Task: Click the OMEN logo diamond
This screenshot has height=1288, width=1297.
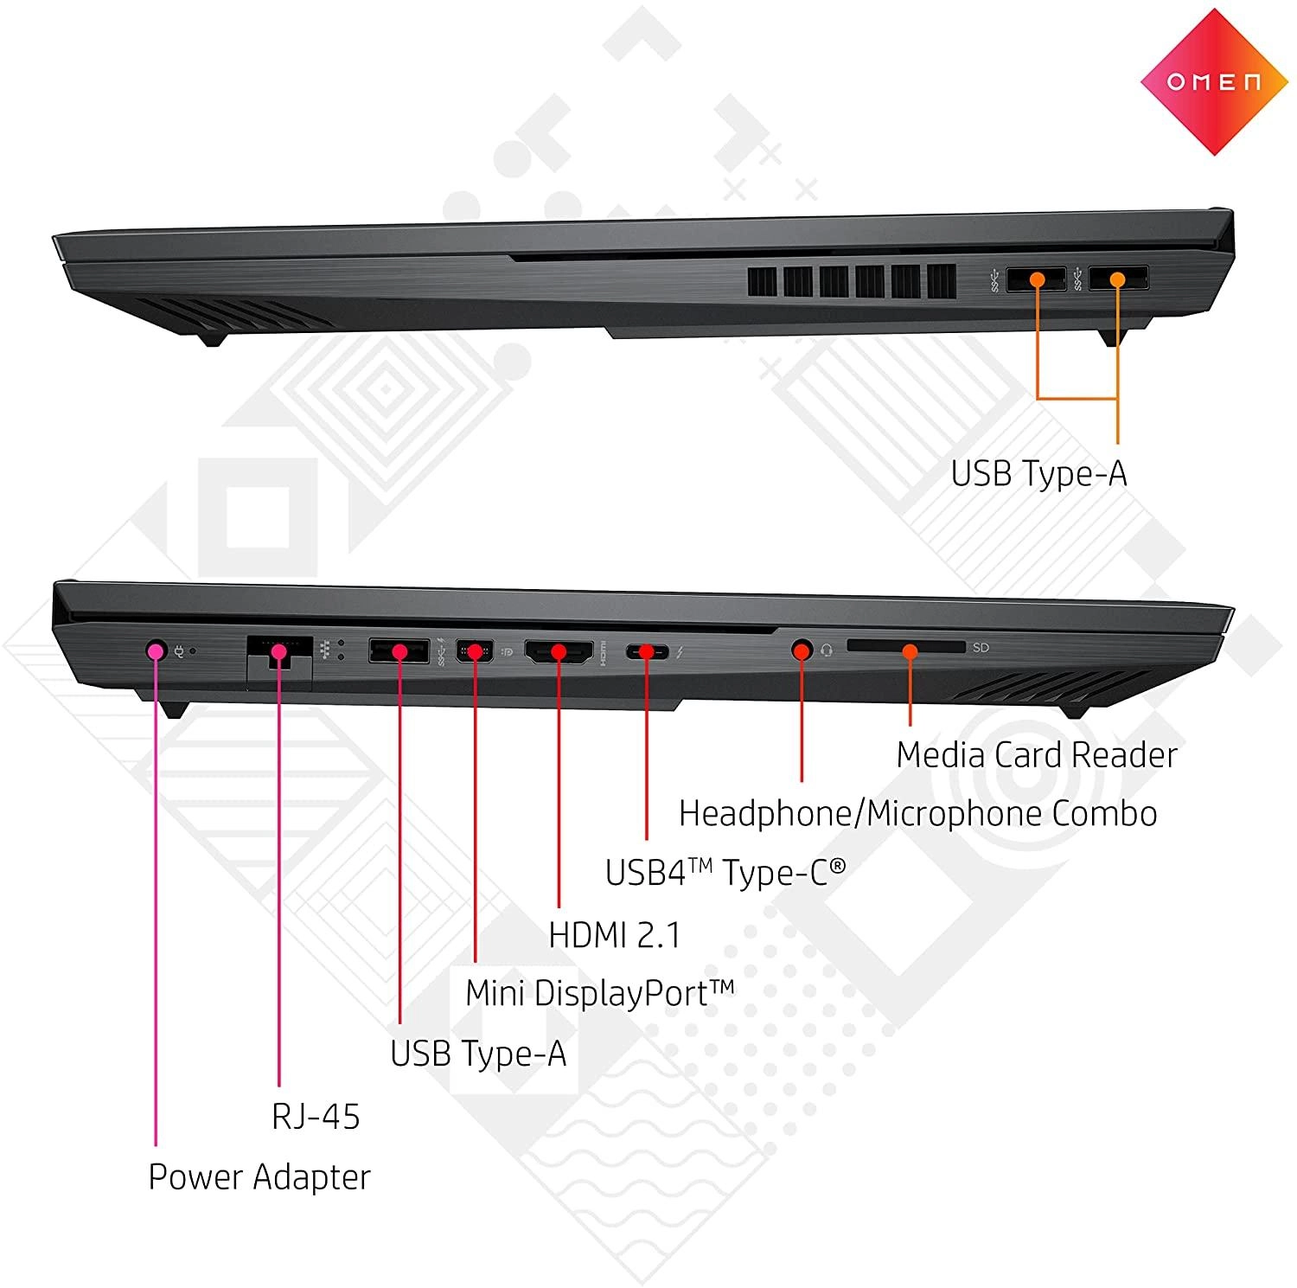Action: [x=1214, y=82]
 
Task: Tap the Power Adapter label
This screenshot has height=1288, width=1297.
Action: [x=259, y=1177]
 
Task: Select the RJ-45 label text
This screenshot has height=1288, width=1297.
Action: [x=316, y=1117]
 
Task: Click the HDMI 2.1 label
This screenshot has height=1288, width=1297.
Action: [x=615, y=935]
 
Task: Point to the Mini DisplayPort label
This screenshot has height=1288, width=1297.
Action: [x=599, y=993]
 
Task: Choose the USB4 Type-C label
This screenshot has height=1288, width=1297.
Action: [x=725, y=873]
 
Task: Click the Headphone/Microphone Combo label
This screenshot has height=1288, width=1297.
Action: [x=917, y=814]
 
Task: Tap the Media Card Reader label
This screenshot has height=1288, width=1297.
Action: [x=1036, y=755]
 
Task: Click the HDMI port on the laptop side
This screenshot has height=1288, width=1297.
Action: [x=559, y=651]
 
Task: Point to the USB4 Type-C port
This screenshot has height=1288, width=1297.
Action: [x=647, y=650]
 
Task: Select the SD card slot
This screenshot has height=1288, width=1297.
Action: [x=906, y=647]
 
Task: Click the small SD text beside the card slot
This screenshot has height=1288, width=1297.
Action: [x=981, y=647]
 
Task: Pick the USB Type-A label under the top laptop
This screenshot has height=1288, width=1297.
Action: [x=1038, y=474]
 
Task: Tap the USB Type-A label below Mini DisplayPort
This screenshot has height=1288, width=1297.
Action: [x=478, y=1054]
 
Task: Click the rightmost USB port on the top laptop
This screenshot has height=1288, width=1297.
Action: [x=1118, y=279]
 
